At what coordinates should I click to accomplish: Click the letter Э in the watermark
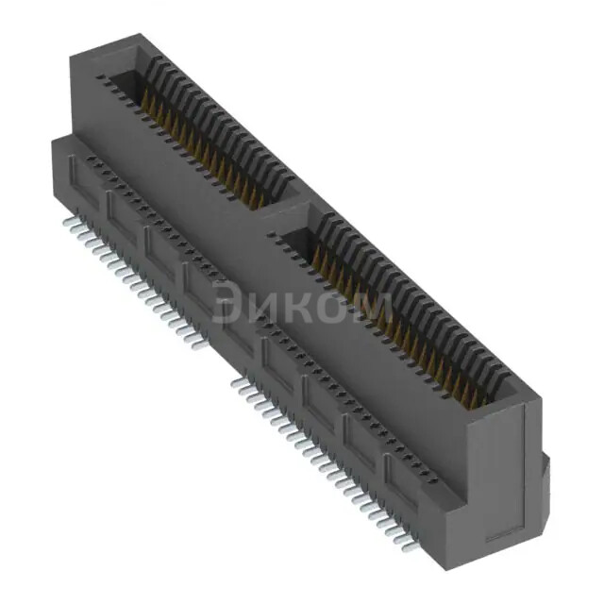229,304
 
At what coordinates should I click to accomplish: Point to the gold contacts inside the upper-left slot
203,151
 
